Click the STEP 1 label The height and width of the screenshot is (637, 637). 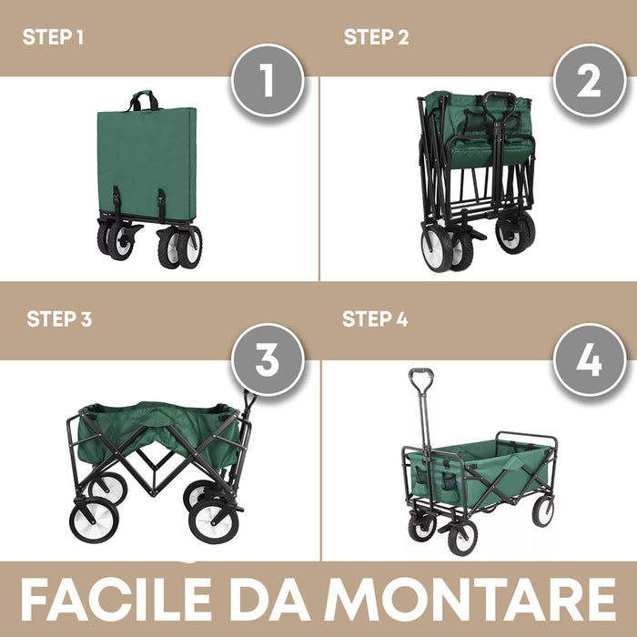pyautogui.click(x=53, y=37)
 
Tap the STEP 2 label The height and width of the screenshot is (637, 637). pyautogui.click(x=376, y=37)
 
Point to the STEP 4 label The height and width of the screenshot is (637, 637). pyautogui.click(x=375, y=319)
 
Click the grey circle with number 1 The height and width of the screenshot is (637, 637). pyautogui.click(x=266, y=81)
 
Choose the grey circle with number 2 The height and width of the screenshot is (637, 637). pyautogui.click(x=589, y=81)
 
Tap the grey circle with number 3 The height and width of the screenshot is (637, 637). pyautogui.click(x=266, y=361)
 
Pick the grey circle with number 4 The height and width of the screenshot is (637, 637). pyautogui.click(x=589, y=361)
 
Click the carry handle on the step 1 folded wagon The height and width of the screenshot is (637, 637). pyautogui.click(x=143, y=98)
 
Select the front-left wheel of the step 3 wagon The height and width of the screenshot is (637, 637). pyautogui.click(x=94, y=520)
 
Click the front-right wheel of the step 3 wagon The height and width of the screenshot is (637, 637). pyautogui.click(x=216, y=521)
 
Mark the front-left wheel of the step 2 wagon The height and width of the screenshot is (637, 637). pyautogui.click(x=438, y=248)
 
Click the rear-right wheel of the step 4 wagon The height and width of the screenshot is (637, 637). pyautogui.click(x=543, y=511)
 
